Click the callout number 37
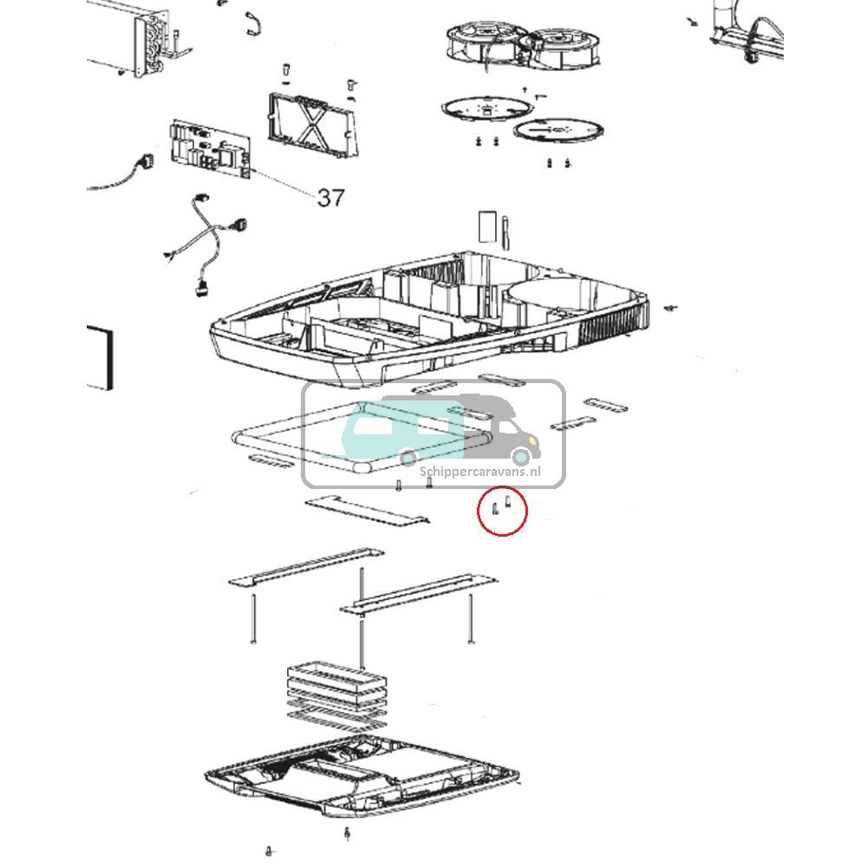[330, 198]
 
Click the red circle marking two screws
[502, 488]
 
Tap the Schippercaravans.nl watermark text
[480, 472]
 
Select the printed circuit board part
[210, 149]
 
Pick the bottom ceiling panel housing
[362, 777]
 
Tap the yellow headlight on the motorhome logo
[532, 440]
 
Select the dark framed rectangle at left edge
[101, 357]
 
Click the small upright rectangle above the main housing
[487, 225]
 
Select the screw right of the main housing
[671, 306]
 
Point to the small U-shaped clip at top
[252, 23]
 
